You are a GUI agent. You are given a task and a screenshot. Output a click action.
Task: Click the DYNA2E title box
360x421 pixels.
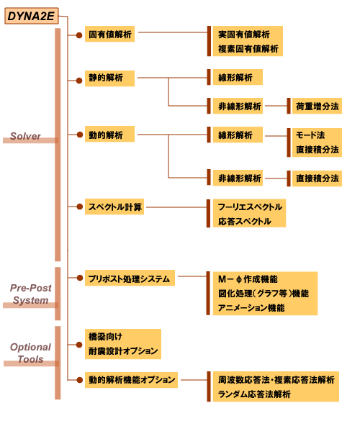point(32,16)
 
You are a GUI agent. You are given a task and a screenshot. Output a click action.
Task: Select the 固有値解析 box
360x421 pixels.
point(109,34)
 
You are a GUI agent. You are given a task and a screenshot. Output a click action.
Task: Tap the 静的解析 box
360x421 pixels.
point(109,78)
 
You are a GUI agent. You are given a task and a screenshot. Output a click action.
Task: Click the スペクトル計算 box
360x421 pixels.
point(114,207)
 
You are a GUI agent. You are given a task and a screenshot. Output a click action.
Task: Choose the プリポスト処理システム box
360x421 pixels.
point(130,278)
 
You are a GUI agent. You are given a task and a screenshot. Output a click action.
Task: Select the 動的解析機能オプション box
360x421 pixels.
point(131,380)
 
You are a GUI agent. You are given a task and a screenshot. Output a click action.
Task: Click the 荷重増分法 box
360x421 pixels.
point(317,106)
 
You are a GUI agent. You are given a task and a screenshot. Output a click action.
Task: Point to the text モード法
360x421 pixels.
point(310,135)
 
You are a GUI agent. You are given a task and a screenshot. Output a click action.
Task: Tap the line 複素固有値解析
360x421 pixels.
point(248,49)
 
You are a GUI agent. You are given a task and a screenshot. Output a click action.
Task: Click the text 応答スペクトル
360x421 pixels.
point(245,222)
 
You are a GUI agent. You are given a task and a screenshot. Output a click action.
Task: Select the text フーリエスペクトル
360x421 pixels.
point(250,207)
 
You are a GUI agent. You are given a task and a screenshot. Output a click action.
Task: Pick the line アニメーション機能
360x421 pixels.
point(251,308)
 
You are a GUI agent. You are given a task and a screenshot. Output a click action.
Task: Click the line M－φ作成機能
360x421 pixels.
point(248,279)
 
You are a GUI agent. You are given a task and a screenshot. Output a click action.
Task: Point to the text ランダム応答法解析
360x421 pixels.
point(254,394)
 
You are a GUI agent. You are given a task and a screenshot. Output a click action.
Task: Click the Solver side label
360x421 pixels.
point(25,136)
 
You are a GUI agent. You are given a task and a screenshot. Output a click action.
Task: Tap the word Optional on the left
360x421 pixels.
point(30,347)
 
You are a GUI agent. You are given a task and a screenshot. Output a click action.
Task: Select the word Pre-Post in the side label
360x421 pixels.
point(31,288)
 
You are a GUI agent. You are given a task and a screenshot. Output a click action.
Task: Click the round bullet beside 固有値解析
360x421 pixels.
point(79,35)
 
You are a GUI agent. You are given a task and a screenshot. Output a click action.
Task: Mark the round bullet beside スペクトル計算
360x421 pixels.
point(79,207)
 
